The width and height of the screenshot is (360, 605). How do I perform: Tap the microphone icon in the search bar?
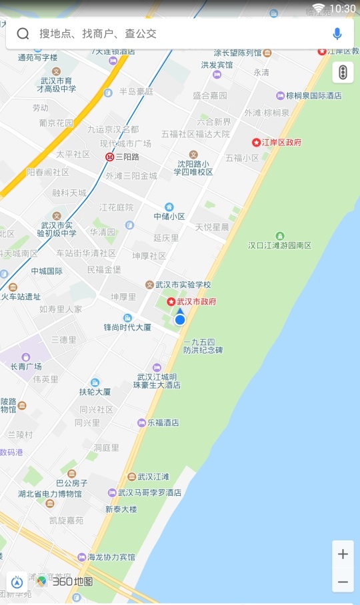337,33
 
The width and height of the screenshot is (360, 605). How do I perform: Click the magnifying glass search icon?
23,34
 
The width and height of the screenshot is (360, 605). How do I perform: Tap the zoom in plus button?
343,554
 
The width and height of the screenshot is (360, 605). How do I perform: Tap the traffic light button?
343,72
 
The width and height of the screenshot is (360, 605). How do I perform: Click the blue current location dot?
180,320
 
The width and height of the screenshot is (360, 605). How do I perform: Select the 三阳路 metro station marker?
110,157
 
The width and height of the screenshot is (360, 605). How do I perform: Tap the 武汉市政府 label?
196,302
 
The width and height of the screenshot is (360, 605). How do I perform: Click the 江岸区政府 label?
281,142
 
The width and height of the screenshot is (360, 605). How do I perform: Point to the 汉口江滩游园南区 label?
280,245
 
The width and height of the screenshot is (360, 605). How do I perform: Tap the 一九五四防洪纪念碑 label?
203,346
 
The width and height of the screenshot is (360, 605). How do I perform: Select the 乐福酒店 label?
163,422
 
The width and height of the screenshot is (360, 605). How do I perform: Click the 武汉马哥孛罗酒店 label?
149,492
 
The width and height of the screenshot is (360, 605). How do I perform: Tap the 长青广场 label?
26,366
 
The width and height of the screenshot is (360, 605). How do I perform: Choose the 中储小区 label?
169,216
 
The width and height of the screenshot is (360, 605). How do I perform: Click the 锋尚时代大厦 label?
127,327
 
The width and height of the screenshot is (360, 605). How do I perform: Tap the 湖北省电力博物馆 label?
50,494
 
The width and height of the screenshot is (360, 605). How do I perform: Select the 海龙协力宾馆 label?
111,557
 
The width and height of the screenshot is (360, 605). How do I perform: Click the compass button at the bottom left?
17,582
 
